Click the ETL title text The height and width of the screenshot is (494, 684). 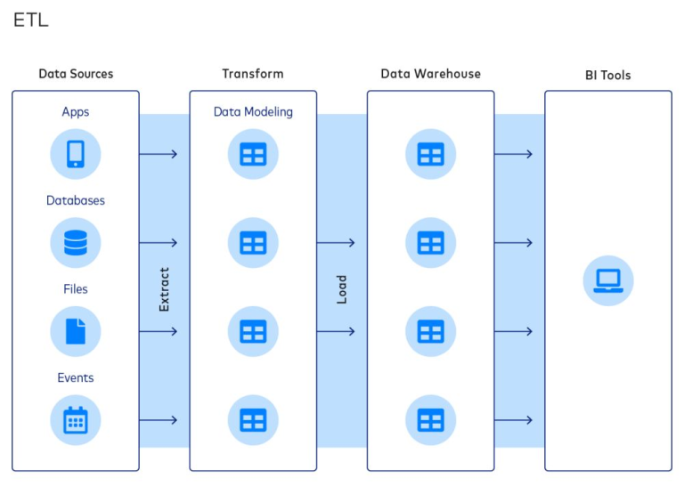pos(30,20)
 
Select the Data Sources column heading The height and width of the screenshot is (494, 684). pos(76,74)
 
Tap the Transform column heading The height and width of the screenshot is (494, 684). pos(253,74)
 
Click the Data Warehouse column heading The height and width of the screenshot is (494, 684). pos(430,74)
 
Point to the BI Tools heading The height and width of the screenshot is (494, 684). pos(607,76)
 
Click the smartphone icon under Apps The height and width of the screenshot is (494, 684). pos(76,154)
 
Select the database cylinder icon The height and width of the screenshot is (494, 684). pos(76,242)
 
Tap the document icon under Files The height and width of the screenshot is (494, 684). pos(76,331)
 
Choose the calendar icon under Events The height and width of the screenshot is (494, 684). pos(76,419)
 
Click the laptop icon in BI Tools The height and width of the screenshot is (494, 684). pos(608,281)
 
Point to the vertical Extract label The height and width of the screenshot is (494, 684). pos(164,289)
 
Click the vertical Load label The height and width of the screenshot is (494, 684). pos(341,289)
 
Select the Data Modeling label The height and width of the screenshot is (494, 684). pos(253,112)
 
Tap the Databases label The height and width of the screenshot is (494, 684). pos(76,200)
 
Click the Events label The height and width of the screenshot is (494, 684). pos(76,377)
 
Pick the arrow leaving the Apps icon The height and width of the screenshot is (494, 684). pos(159,154)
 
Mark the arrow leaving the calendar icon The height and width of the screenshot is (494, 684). pos(159,420)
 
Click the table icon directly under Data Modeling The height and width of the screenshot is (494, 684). pos(253,154)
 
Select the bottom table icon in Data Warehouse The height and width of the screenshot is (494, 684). pos(430,419)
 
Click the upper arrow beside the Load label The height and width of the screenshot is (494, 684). pos(336,242)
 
